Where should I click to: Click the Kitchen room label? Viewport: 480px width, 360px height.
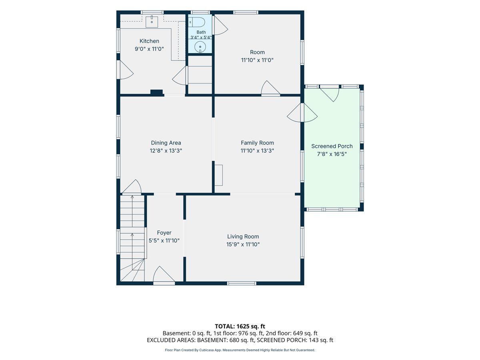[149, 41]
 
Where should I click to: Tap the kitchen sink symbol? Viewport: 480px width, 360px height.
[152, 21]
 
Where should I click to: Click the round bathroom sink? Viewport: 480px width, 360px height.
[200, 47]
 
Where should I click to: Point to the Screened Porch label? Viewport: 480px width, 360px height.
[332, 146]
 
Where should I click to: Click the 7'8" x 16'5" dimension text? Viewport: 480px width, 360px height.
[332, 154]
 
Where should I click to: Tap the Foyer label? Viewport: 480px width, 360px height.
[164, 233]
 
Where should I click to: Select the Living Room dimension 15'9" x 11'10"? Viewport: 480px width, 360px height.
[243, 244]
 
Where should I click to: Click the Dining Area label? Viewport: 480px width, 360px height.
[166, 143]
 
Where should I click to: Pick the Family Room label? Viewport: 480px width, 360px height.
[257, 143]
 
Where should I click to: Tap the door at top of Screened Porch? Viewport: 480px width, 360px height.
[330, 94]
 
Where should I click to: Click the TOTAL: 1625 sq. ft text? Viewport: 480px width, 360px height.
[240, 326]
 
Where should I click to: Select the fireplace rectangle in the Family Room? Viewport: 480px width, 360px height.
[218, 175]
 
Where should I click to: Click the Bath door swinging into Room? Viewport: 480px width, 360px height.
[220, 25]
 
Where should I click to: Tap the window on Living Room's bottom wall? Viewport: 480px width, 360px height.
[242, 284]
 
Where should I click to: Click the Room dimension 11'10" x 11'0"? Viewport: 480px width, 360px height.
[257, 60]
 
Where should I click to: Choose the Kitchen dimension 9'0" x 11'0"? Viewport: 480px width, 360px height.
[149, 49]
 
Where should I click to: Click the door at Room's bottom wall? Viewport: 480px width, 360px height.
[270, 88]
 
